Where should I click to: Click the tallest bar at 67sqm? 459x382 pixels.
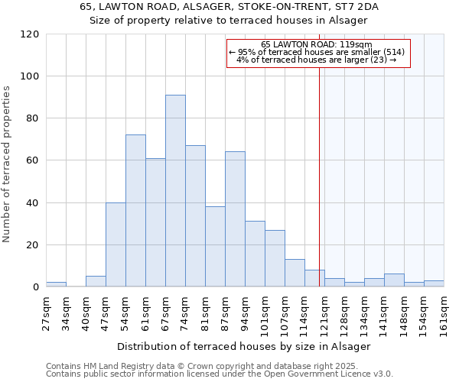coord(175,191)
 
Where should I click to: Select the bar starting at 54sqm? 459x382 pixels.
coord(135,211)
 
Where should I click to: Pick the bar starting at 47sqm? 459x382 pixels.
coord(116,244)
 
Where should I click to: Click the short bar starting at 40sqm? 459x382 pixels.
coord(96,281)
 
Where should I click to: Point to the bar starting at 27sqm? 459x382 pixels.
coord(56,284)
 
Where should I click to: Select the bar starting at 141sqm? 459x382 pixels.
coord(394,280)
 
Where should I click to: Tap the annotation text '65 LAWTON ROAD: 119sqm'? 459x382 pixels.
coord(316,44)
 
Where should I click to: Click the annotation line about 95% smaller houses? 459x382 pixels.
coord(316,52)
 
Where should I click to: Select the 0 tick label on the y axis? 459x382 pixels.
coord(36,287)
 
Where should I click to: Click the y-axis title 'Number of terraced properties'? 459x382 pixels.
coord(7,164)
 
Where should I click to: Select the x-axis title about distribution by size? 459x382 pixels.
coord(244,346)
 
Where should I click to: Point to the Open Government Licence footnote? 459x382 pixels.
coord(220,374)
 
